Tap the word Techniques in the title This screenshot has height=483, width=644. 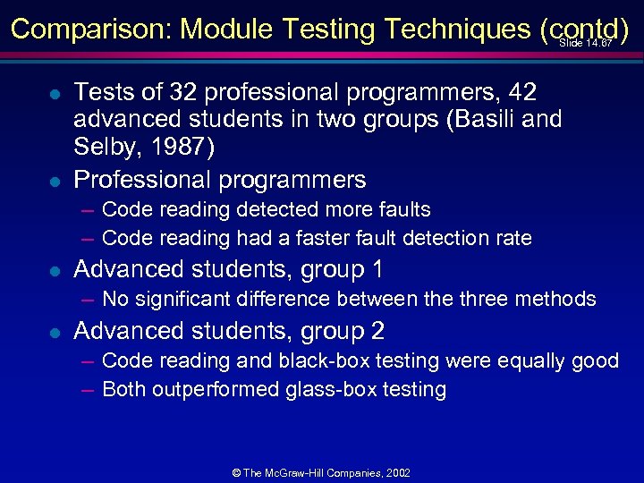(x=457, y=30)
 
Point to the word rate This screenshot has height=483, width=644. (x=512, y=238)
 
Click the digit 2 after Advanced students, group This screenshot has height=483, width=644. (x=376, y=331)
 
